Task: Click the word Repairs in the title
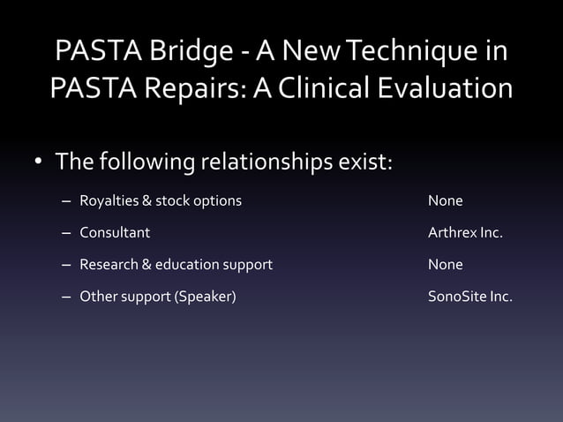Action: point(194,88)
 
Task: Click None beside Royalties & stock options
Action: point(445,201)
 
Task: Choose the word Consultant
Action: point(115,233)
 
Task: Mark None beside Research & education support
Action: point(445,265)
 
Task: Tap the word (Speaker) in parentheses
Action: point(206,297)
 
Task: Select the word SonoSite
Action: point(456,297)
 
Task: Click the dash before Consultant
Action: point(66,234)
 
